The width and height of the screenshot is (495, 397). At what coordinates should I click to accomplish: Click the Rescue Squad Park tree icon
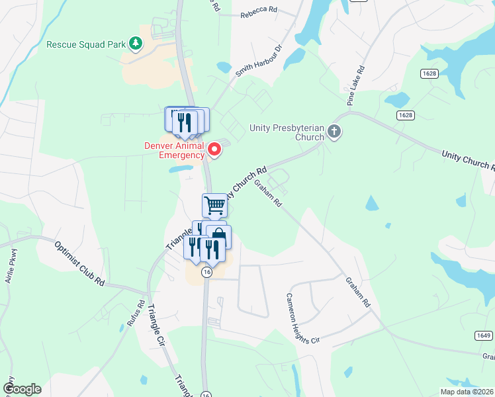coord(136,44)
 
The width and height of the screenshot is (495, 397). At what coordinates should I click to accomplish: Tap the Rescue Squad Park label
coord(86,45)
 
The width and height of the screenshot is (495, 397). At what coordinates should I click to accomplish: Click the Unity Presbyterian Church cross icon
coord(334,132)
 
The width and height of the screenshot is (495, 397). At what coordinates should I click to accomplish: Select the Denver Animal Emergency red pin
coord(214,150)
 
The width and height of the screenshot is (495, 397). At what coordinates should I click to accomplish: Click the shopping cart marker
coord(214,205)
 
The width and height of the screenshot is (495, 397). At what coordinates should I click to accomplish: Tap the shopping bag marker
coord(219,236)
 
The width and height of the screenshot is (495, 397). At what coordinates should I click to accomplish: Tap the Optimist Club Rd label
coord(79,262)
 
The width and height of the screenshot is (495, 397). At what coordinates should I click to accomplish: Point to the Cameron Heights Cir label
coord(302,318)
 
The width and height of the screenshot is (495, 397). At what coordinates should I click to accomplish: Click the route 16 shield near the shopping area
coord(207,273)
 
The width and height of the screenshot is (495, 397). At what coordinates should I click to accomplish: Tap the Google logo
coord(21,389)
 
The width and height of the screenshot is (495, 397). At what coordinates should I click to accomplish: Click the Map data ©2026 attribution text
coord(467,392)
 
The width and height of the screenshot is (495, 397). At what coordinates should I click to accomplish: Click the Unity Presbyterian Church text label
coord(287,132)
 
